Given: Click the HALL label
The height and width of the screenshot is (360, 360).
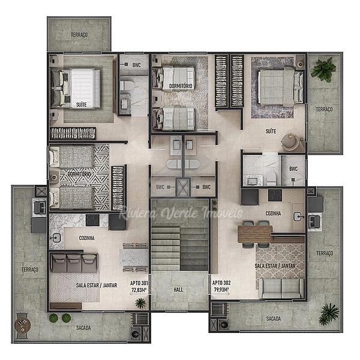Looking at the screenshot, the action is (x=178, y=290).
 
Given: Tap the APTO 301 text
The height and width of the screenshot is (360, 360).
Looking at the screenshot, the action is (x=139, y=283).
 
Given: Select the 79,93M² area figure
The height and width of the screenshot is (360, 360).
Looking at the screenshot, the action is (x=221, y=290).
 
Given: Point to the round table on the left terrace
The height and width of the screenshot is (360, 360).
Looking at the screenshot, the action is (x=23, y=325).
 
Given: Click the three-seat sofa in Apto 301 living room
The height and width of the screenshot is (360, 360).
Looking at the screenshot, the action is (x=74, y=263).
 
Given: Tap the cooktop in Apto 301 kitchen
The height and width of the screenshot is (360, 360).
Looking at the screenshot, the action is (x=92, y=220).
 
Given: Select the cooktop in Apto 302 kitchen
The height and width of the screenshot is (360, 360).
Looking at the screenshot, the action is (x=275, y=195).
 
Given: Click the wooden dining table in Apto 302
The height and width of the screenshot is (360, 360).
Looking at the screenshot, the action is (x=255, y=234).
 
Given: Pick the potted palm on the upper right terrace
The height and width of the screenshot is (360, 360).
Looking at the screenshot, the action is (x=323, y=70).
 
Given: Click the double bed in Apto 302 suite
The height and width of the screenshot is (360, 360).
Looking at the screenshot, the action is (x=281, y=86).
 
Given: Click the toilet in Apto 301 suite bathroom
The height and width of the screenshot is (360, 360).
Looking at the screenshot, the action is (x=127, y=85).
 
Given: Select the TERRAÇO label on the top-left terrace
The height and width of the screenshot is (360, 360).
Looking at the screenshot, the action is (x=79, y=35).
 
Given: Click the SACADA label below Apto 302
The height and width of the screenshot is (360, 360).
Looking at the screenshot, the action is (x=274, y=319).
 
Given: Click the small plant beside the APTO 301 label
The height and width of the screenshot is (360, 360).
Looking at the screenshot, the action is (x=140, y=303).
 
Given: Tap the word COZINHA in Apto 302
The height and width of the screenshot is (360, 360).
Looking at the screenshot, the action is (x=273, y=214).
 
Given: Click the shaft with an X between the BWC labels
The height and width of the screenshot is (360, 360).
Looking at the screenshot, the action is (x=183, y=187).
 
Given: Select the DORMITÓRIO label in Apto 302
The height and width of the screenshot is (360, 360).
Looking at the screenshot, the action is (x=181, y=86).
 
